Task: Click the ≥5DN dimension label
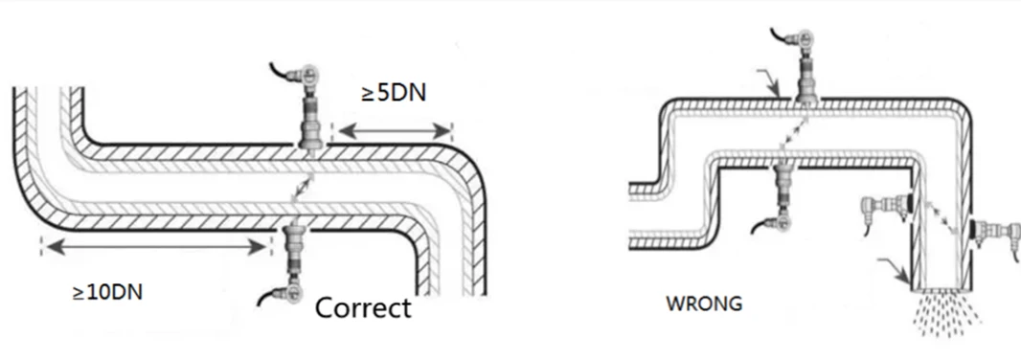click(x=394, y=93)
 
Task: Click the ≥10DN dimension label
click(x=107, y=292)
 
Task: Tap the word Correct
click(x=363, y=308)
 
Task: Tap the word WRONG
click(x=704, y=304)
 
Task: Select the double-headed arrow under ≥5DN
click(x=395, y=131)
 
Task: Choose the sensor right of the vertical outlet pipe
click(x=993, y=233)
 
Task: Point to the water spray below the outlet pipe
click(x=946, y=313)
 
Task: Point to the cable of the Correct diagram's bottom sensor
click(x=271, y=296)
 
